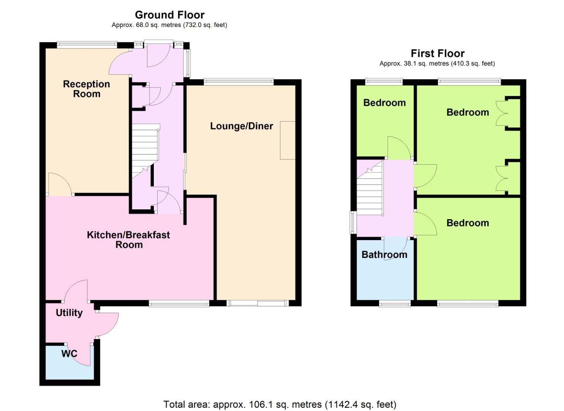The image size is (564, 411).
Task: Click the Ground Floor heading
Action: click(x=170, y=15)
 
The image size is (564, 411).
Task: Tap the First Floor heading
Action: click(x=438, y=54)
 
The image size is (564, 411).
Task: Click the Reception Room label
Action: click(x=86, y=89)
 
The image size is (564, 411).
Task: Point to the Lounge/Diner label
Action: click(x=242, y=126)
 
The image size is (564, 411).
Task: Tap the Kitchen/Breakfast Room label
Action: click(x=128, y=240)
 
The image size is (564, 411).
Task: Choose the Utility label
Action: click(x=69, y=313)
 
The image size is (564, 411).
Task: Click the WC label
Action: click(x=69, y=354)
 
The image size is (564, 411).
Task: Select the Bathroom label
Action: click(x=384, y=255)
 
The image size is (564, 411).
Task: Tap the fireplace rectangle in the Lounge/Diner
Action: click(x=288, y=140)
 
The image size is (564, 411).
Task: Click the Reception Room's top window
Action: click(x=87, y=45)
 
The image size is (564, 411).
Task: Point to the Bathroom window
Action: click(x=395, y=304)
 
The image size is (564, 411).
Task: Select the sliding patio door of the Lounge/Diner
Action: click(x=258, y=303)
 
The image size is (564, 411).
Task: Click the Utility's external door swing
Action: click(x=107, y=325)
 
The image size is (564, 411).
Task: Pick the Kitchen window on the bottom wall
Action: click(x=179, y=303)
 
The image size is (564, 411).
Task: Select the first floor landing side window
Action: click(x=353, y=222)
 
